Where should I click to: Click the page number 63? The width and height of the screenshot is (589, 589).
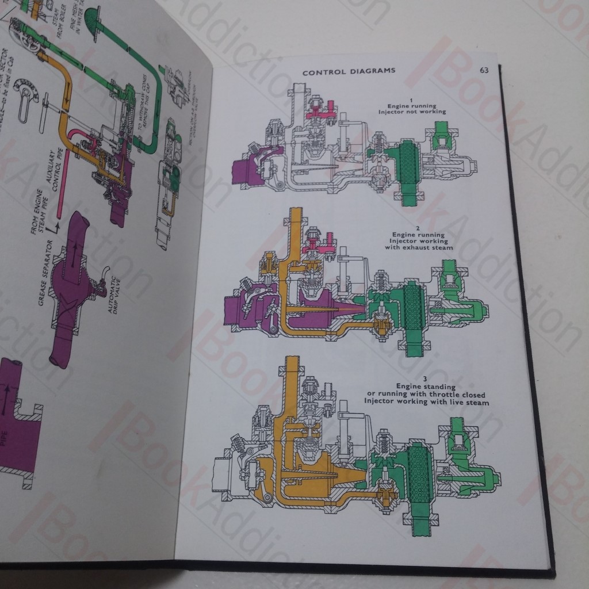pyautogui.click(x=484, y=70)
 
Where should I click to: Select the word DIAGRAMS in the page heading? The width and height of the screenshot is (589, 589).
pyautogui.click(x=375, y=72)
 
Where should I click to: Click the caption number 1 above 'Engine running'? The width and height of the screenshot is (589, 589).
pyautogui.click(x=411, y=100)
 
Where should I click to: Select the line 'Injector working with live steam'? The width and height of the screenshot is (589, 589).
pyautogui.click(x=426, y=402)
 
